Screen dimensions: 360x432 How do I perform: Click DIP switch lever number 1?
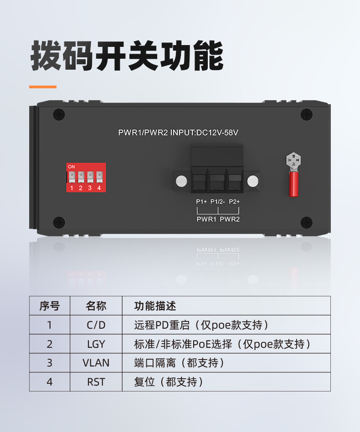click(72, 177)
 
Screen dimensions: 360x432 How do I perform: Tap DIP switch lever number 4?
click(99, 177)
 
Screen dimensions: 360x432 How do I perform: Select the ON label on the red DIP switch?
click(72, 167)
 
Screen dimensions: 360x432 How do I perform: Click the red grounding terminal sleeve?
click(293, 184)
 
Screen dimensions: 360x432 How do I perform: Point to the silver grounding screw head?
click(293, 160)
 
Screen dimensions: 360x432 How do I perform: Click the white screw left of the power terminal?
click(181, 181)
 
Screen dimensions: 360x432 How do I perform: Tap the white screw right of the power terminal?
click(253, 181)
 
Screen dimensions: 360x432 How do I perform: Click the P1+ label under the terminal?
click(201, 202)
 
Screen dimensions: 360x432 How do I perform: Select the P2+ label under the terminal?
click(234, 202)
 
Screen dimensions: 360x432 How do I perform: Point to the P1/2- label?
click(218, 202)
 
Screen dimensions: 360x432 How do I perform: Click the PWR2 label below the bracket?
click(230, 219)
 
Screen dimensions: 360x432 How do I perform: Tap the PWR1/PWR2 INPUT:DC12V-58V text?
click(178, 132)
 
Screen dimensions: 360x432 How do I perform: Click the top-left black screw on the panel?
click(59, 114)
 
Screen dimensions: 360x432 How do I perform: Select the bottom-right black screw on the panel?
click(306, 222)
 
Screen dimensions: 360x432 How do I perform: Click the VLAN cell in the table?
click(96, 363)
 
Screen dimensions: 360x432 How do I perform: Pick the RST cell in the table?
click(96, 382)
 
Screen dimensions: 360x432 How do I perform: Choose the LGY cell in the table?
click(96, 344)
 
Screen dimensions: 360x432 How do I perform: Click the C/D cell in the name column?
click(96, 325)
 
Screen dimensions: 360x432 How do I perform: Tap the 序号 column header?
click(50, 306)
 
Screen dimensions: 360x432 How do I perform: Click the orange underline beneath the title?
click(43, 87)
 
